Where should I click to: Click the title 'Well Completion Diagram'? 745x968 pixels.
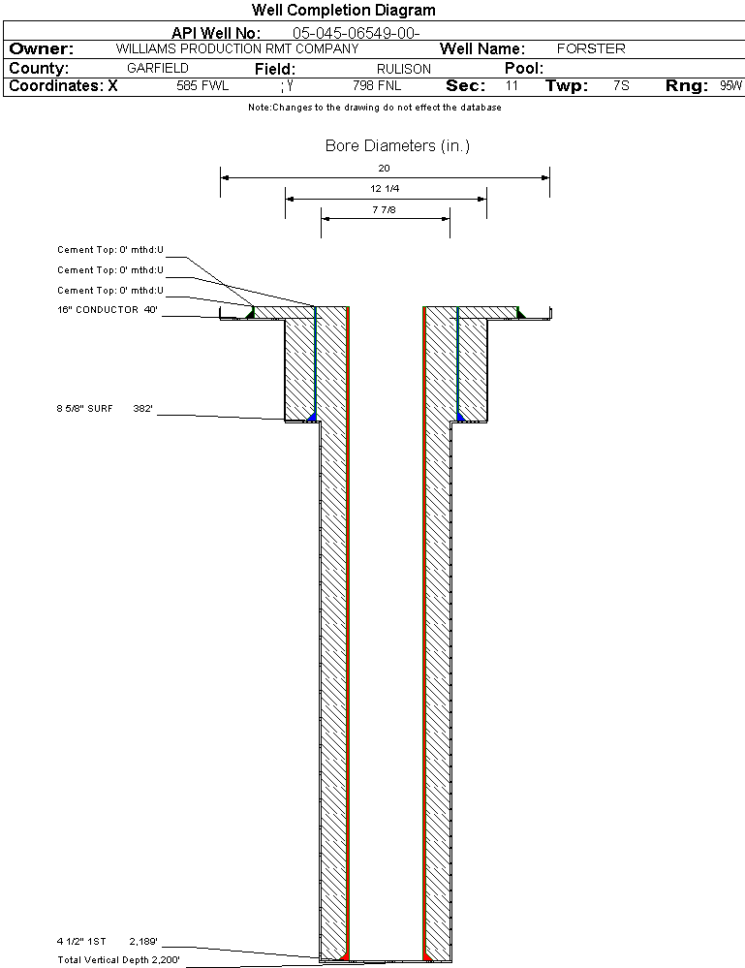tap(343, 10)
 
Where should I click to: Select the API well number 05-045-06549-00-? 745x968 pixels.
tap(357, 33)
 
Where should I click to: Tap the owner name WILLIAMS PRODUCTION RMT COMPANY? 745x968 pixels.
tap(237, 48)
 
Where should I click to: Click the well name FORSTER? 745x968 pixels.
tap(591, 48)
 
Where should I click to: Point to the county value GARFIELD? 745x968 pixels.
tap(157, 69)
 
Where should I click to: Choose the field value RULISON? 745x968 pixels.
tap(404, 69)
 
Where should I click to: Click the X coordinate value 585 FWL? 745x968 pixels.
tap(202, 86)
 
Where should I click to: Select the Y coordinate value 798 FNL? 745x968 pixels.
tap(377, 86)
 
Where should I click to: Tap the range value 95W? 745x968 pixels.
tap(730, 86)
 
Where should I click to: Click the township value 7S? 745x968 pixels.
tap(621, 86)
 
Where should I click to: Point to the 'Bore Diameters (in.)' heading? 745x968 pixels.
tap(397, 145)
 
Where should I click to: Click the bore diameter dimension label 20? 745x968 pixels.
tap(384, 168)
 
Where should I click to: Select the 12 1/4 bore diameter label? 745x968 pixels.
tap(385, 188)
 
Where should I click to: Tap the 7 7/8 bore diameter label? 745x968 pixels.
tap(384, 210)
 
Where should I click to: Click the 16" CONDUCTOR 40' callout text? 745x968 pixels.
tap(108, 310)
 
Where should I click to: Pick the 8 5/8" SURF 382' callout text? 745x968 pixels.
tap(105, 409)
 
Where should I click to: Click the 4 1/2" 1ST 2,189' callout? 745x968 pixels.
tap(108, 942)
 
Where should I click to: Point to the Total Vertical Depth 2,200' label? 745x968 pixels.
tap(118, 960)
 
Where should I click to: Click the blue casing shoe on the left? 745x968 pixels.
tap(312, 418)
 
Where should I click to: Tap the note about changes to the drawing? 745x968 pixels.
tap(375, 108)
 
